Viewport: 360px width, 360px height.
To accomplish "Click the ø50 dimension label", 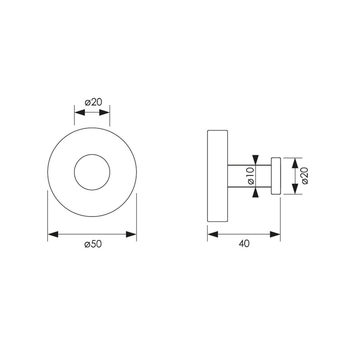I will click(x=93, y=244).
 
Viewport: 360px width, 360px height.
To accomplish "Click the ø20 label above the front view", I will click(x=93, y=102).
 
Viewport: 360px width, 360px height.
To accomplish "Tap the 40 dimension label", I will click(x=244, y=244).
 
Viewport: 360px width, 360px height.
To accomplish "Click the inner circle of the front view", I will click(x=92, y=172).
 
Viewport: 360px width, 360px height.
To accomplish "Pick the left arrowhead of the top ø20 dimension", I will click(x=79, y=112).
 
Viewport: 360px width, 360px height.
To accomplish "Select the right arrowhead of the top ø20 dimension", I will click(x=105, y=112).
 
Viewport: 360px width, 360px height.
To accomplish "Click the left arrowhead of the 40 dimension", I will click(x=212, y=234).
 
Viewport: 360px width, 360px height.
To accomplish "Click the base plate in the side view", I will click(x=217, y=176).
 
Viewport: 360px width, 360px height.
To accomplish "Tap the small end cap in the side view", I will click(x=276, y=176).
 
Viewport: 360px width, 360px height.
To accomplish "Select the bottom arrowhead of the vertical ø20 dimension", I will click(x=294, y=189).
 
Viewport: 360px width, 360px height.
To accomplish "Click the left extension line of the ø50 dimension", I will click(x=48, y=216).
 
